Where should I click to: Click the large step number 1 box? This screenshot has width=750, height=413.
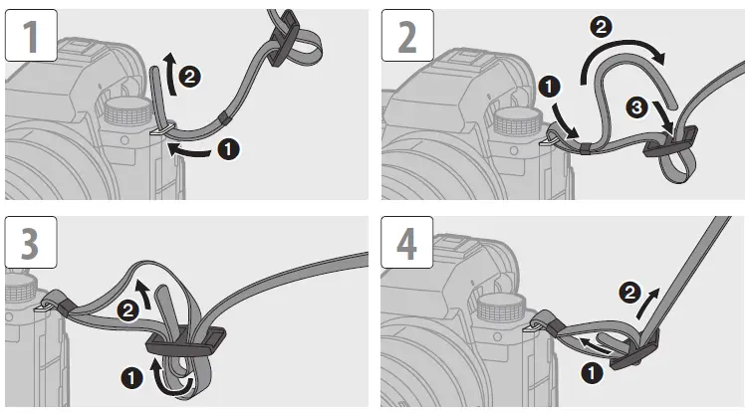[x=31, y=36]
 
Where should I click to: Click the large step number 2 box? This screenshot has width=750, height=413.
[x=407, y=36]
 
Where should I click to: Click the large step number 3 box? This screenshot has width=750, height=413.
[x=31, y=243]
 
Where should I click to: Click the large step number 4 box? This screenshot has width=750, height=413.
[x=407, y=243]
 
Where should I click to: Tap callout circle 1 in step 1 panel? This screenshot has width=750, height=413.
[x=229, y=149]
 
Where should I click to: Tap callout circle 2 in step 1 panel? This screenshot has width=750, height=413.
[x=189, y=77]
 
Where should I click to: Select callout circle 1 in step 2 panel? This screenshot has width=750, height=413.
[x=549, y=87]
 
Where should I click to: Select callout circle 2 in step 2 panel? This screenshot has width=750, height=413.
[x=601, y=27]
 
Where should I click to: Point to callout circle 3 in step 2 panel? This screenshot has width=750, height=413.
[x=636, y=107]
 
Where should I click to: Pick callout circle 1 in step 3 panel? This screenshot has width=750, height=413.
[x=132, y=378]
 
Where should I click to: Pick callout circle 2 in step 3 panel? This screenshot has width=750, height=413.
[x=127, y=311]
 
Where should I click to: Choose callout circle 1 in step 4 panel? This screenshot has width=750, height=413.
[x=592, y=373]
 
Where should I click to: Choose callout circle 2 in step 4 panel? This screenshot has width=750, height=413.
[x=629, y=293]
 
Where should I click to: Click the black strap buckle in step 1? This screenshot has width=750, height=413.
[x=284, y=38]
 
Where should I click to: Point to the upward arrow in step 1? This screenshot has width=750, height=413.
[x=168, y=74]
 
